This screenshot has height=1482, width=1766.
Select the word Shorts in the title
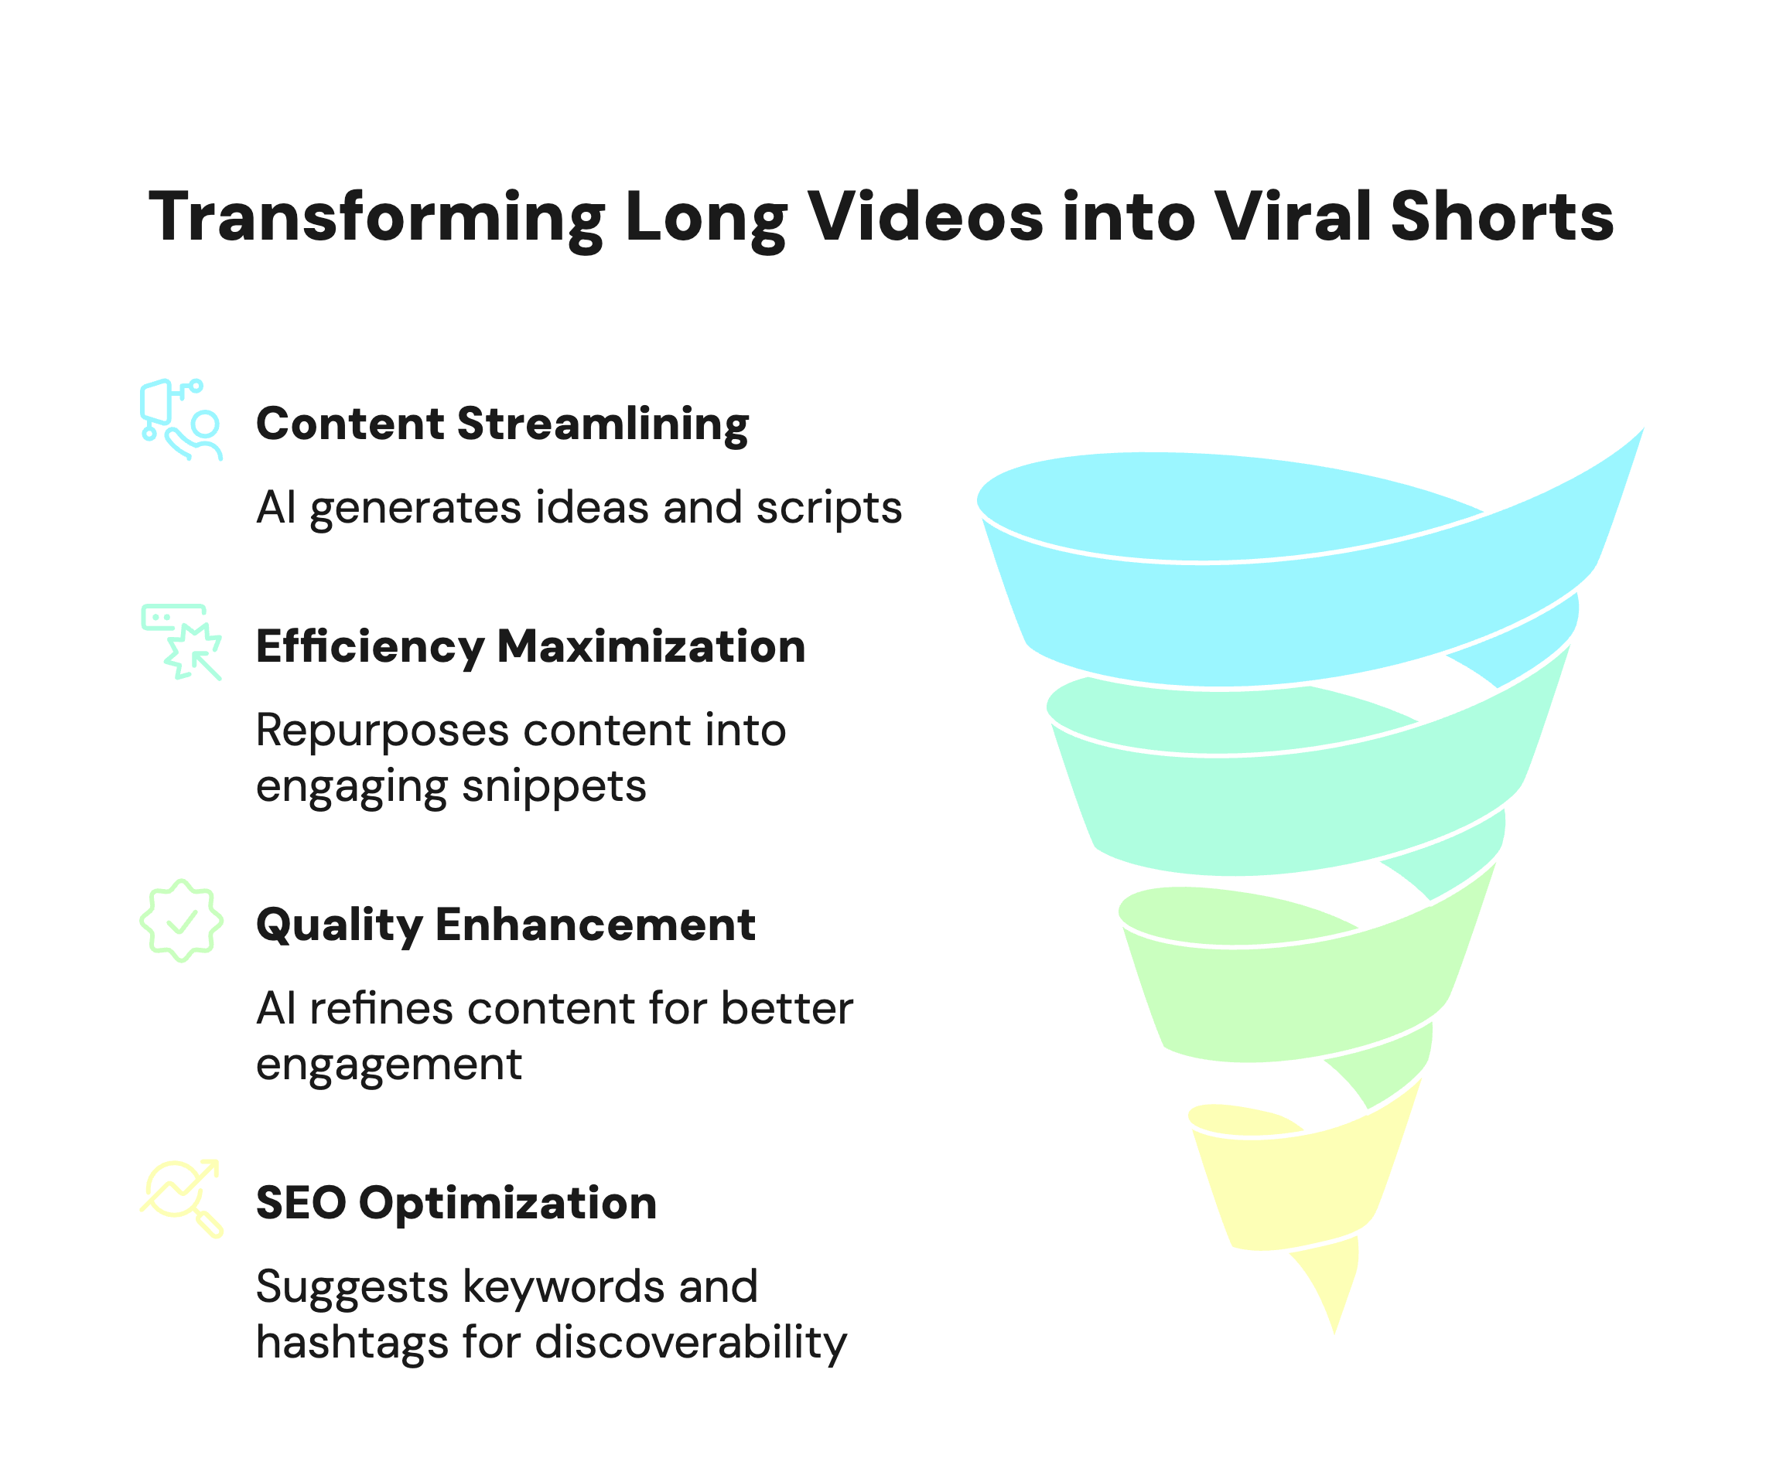coord(1502,217)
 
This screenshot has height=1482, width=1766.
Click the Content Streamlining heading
coord(502,424)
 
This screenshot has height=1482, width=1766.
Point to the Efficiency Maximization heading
coord(531,646)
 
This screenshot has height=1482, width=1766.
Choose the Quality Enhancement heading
coord(505,925)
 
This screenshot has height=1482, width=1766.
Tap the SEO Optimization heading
coord(456,1203)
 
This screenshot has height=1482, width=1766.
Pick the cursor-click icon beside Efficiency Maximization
coord(182,642)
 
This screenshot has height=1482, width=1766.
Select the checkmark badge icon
coord(182,922)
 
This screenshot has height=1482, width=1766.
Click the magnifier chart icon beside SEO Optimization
coord(182,1199)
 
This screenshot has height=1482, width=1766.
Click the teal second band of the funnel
coord(1286,807)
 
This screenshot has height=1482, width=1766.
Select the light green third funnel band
coord(1286,1000)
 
